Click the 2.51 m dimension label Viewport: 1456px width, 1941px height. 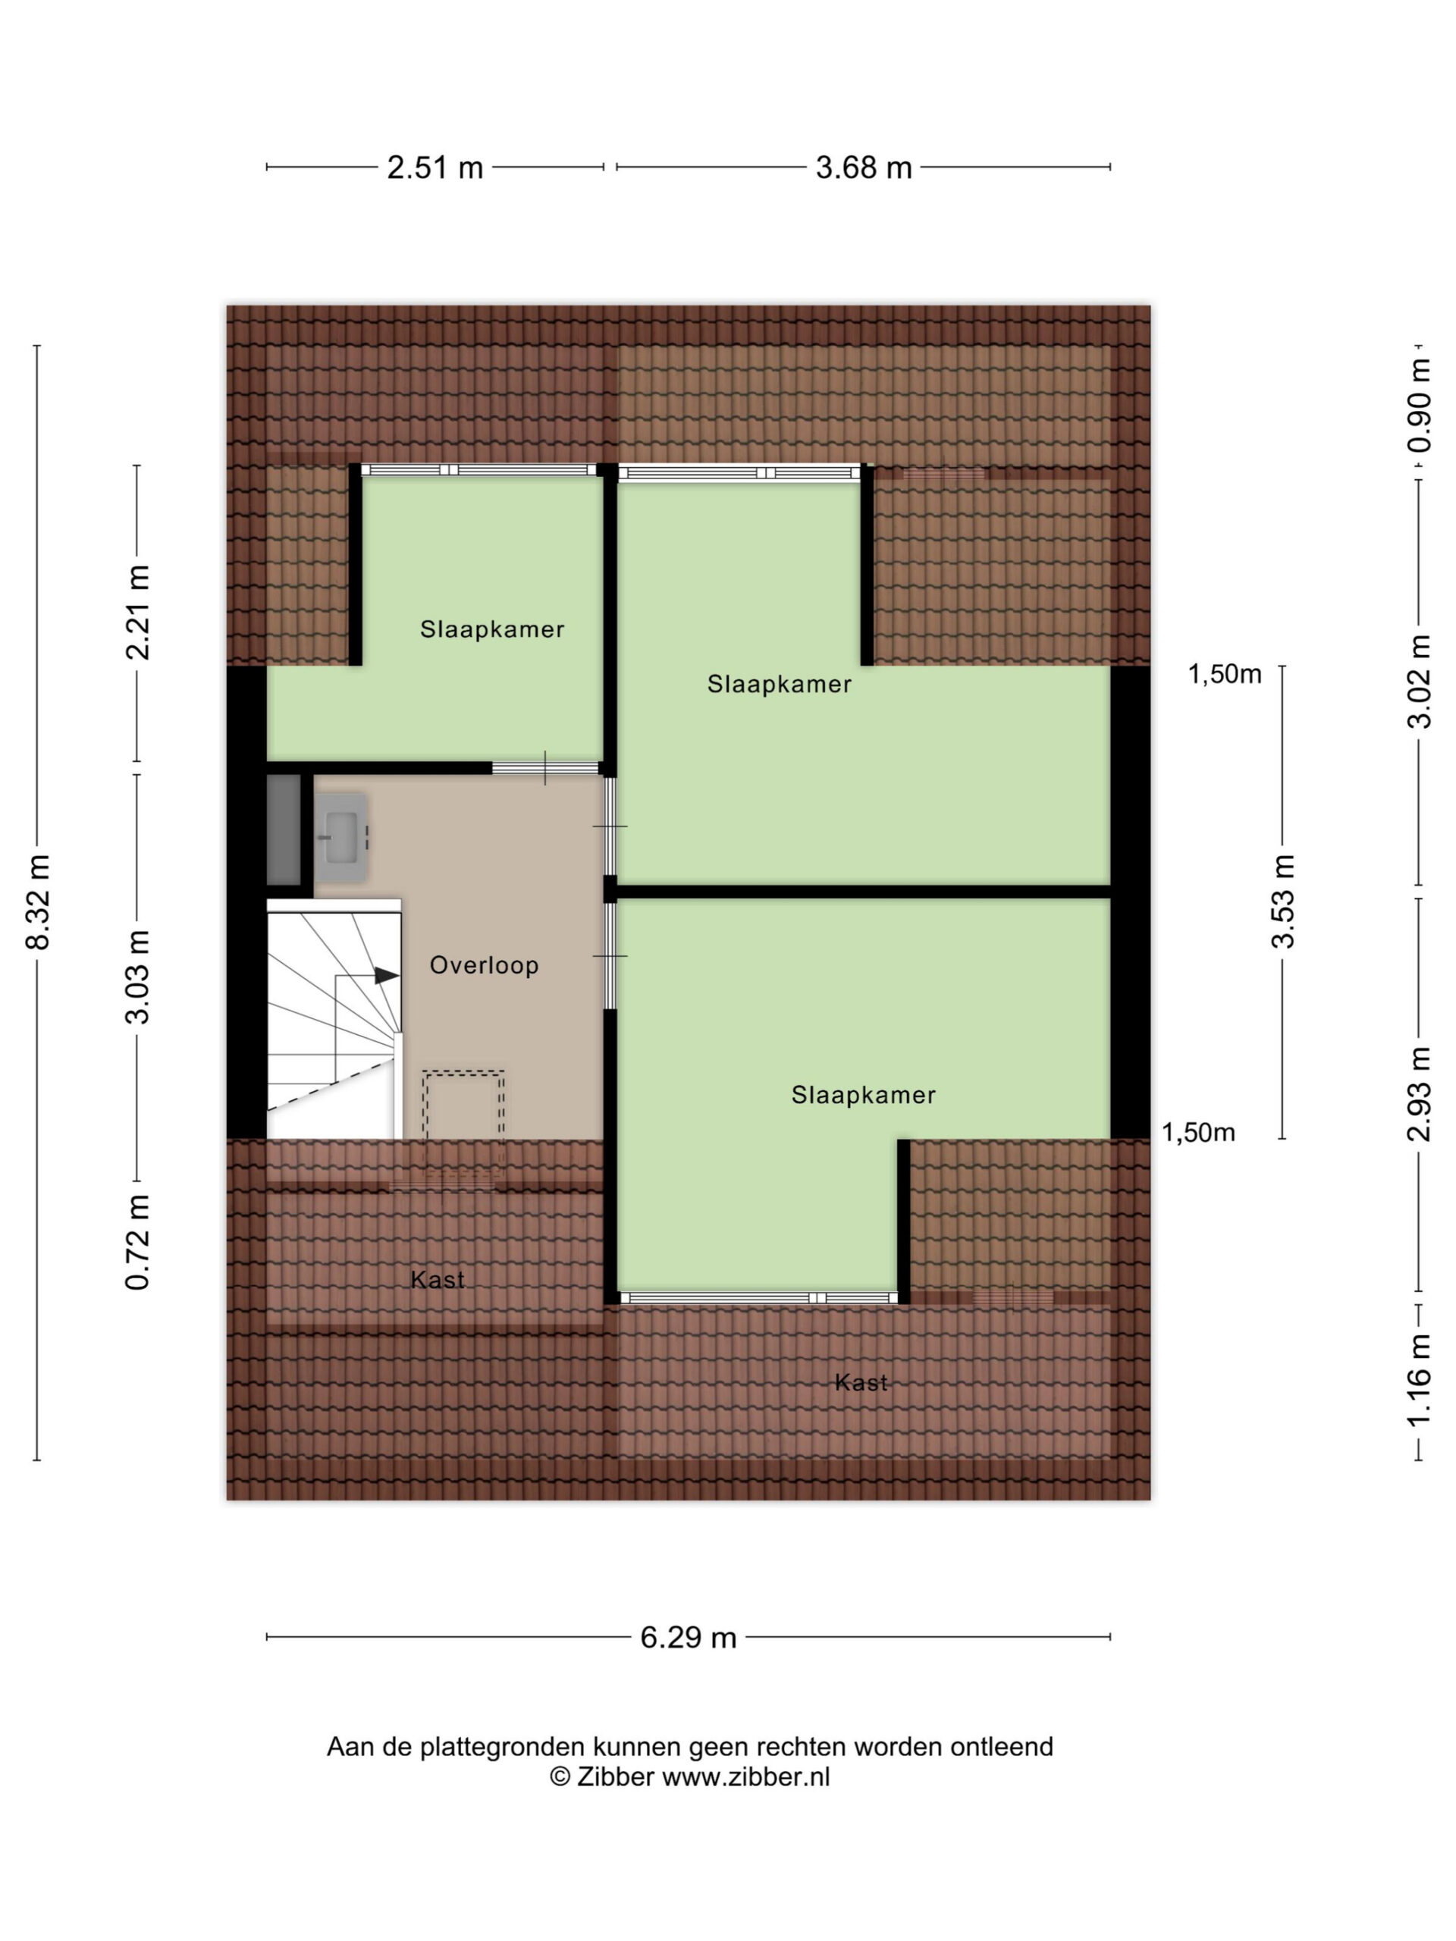pyautogui.click(x=435, y=167)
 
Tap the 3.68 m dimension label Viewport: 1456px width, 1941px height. pyautogui.click(x=864, y=167)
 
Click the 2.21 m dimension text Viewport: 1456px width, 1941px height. pyautogui.click(x=138, y=612)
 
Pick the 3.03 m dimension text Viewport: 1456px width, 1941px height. pyautogui.click(x=138, y=977)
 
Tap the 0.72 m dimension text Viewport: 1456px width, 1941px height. pyautogui.click(x=138, y=1242)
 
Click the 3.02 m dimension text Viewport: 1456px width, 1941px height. pyautogui.click(x=1419, y=682)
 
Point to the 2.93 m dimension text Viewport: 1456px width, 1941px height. pyautogui.click(x=1419, y=1094)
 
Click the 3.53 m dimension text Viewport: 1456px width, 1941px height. pyautogui.click(x=1283, y=902)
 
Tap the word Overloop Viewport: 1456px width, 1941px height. pyautogui.click(x=484, y=965)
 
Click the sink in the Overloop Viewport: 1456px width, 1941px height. pyautogui.click(x=341, y=837)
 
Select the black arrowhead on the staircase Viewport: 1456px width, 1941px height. pyautogui.click(x=387, y=975)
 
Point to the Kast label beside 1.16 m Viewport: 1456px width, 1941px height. pyautogui.click(x=861, y=1383)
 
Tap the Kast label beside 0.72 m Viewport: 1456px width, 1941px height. pyautogui.click(x=437, y=1281)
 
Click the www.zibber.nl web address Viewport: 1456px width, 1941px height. pyautogui.click(x=745, y=1777)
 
